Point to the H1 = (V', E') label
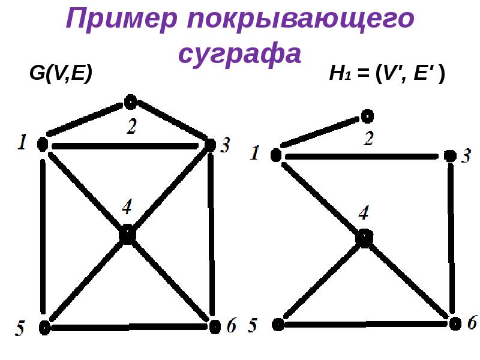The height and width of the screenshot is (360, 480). click(386, 76)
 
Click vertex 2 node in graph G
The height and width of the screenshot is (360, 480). click(131, 101)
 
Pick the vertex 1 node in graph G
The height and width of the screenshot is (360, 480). click(43, 144)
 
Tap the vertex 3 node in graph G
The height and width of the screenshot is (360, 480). click(210, 145)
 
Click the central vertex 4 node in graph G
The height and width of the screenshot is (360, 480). click(127, 235)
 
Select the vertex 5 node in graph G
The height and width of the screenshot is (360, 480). click(44, 327)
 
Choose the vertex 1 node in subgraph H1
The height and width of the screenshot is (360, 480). click(275, 155)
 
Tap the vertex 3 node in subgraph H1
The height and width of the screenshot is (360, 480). click(450, 156)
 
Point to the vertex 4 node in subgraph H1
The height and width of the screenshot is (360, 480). click(364, 238)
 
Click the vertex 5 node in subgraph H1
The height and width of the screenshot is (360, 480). click(277, 325)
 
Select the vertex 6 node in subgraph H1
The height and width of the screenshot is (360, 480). click(455, 323)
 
